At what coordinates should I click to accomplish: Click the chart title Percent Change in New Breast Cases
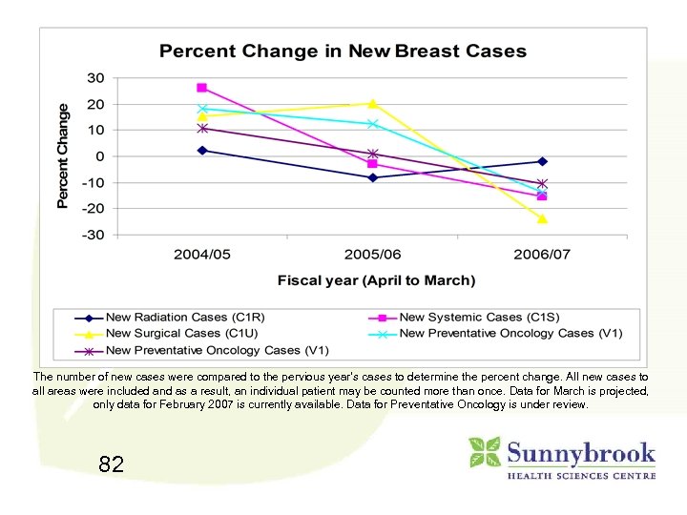click(x=343, y=51)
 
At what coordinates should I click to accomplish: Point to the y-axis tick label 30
click(x=96, y=77)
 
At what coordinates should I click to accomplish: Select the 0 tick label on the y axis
click(x=100, y=156)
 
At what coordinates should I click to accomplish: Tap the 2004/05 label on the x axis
click(x=201, y=256)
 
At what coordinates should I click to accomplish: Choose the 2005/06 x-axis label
click(x=372, y=256)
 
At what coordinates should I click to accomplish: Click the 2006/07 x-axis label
click(x=542, y=256)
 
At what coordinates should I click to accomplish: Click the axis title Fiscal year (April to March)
click(x=376, y=280)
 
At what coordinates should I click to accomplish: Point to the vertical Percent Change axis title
click(x=63, y=155)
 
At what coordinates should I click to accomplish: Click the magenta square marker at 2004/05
click(x=201, y=88)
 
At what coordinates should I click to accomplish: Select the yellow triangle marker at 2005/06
click(x=372, y=103)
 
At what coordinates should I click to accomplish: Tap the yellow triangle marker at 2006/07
click(x=542, y=218)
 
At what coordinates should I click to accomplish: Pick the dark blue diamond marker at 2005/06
click(x=372, y=177)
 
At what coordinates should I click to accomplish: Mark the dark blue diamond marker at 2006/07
click(x=542, y=161)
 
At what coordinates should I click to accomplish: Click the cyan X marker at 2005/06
click(x=372, y=124)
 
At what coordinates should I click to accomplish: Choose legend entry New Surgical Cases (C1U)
click(x=163, y=334)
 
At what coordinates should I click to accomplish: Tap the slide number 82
click(x=111, y=464)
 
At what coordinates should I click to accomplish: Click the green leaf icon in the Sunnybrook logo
click(x=485, y=452)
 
